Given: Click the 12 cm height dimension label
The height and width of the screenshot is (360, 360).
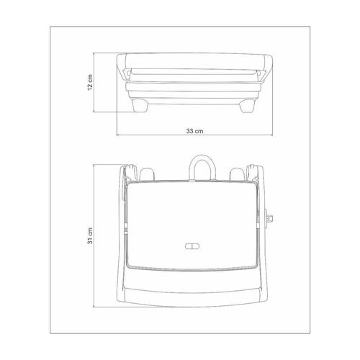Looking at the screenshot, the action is [x=90, y=82].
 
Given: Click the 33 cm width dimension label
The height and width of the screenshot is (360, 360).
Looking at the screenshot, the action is [x=194, y=131].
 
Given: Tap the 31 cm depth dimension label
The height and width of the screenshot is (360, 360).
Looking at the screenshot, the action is [x=90, y=235].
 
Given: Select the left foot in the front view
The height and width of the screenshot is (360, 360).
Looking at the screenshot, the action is [x=140, y=106].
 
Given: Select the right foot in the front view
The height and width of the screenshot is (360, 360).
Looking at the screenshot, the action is [x=247, y=106].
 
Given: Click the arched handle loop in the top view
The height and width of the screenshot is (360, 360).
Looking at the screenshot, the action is [x=203, y=158].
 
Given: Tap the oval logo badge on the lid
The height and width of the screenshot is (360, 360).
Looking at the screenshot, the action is [x=192, y=246].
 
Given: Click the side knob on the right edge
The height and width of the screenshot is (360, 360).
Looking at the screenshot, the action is [x=269, y=218].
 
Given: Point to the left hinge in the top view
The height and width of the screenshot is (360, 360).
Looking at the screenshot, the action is [x=130, y=172].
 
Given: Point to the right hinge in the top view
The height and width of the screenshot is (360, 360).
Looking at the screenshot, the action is [x=252, y=172].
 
